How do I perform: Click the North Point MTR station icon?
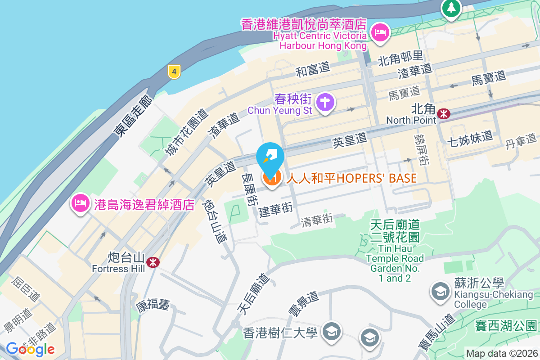(444, 114)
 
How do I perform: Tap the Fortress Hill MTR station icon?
(153, 262)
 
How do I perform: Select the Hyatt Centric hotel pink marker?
(380, 32)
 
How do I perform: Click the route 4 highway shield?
(174, 71)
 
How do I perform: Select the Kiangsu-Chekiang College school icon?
(439, 291)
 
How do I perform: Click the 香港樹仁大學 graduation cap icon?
(332, 332)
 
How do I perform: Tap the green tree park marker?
(450, 8)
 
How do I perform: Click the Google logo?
(30, 349)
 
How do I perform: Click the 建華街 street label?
(276, 210)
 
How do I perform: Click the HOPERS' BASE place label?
(351, 178)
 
